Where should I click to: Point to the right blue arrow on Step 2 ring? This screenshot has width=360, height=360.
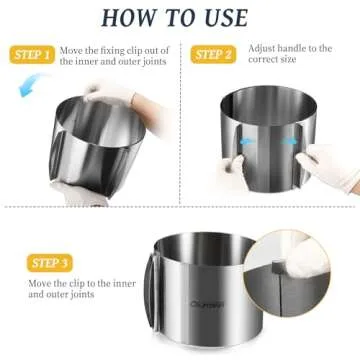tap(291, 143)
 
